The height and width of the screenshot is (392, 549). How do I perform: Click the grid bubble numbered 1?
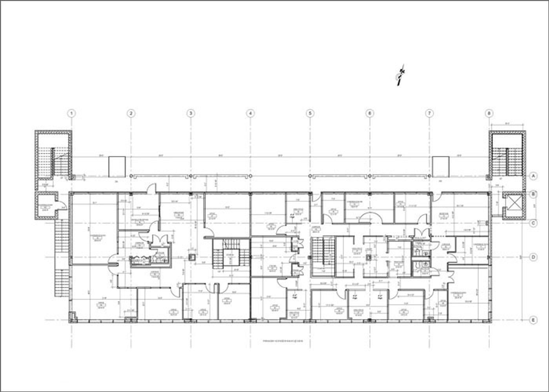click(71, 113)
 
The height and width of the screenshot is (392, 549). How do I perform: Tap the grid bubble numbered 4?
click(250, 113)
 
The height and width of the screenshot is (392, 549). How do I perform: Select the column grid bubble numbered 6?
click(369, 113)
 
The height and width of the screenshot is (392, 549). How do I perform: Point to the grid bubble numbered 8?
click(489, 113)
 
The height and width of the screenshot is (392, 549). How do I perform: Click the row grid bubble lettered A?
click(533, 176)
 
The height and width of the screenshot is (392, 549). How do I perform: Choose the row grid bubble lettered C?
click(533, 223)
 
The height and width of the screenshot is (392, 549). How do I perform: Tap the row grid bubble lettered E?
click(533, 320)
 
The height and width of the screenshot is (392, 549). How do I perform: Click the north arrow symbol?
click(400, 75)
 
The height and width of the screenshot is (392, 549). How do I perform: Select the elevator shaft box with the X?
click(513, 203)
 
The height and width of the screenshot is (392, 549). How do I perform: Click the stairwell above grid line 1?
click(53, 155)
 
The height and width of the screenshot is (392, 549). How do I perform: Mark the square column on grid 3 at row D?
click(192, 257)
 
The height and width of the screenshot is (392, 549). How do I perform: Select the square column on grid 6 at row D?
click(369, 257)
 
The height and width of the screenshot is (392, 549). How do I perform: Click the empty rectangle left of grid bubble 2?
click(116, 166)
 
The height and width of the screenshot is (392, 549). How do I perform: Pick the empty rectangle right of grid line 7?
click(440, 166)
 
